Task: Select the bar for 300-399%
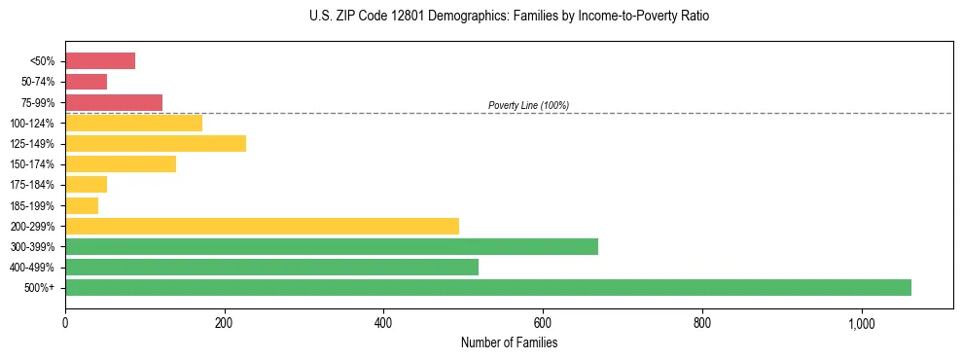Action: [332, 246]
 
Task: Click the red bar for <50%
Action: [100, 61]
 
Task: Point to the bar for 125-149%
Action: [156, 143]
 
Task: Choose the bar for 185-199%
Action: [82, 205]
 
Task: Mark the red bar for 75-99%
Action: [114, 102]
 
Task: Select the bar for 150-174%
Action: [121, 164]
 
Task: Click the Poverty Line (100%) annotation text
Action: [528, 105]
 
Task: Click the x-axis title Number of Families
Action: [510, 342]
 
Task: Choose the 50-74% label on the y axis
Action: [38, 82]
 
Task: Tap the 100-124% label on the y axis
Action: [34, 124]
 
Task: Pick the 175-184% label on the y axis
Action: [34, 185]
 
